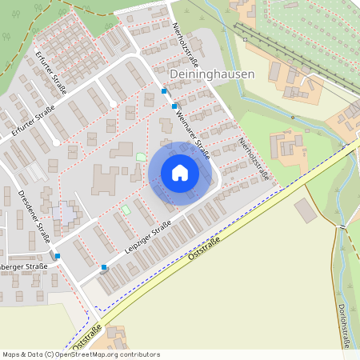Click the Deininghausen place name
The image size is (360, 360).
[213, 74]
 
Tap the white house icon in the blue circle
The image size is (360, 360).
[180, 173]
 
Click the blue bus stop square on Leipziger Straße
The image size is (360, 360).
[104, 267]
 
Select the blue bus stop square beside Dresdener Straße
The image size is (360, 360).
[57, 255]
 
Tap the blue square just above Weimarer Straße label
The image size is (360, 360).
[174, 106]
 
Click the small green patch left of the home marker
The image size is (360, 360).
[142, 157]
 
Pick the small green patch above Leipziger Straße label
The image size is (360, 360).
[126, 210]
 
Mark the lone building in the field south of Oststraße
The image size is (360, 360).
[305, 211]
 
